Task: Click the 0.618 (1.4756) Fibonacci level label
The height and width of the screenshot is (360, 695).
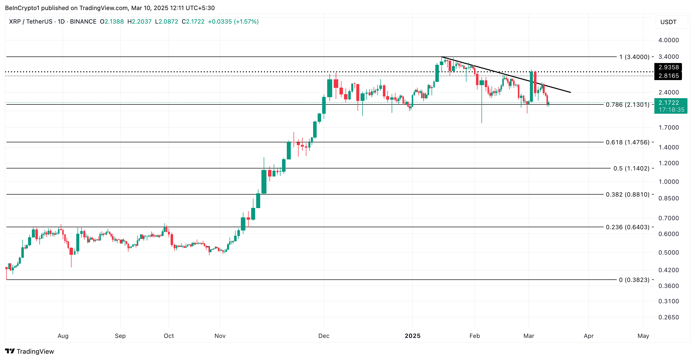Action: [x=627, y=142]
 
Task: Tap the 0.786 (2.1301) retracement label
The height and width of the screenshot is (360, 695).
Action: [x=627, y=105]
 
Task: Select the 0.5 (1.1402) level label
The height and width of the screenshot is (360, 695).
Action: [x=631, y=168]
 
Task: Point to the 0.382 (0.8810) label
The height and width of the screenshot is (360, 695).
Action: [x=627, y=195]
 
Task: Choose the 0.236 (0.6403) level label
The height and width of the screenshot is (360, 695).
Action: [x=627, y=227]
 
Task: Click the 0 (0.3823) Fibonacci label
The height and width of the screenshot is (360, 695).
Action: [x=634, y=280]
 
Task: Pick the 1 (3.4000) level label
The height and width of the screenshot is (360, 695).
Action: [x=634, y=57]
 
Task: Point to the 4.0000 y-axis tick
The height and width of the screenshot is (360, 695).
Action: [x=668, y=40]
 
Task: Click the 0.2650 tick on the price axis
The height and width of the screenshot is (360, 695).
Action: [x=668, y=317]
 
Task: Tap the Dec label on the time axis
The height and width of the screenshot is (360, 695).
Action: [x=323, y=336]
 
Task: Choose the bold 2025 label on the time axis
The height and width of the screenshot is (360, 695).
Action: [x=412, y=336]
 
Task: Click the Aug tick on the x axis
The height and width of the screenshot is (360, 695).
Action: [x=63, y=336]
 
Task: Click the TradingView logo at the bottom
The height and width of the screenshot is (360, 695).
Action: [x=30, y=351]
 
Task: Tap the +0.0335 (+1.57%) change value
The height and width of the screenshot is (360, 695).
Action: [x=233, y=22]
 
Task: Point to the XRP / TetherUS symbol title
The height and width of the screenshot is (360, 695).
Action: [x=31, y=22]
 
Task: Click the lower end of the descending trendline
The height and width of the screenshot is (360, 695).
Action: [x=570, y=92]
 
